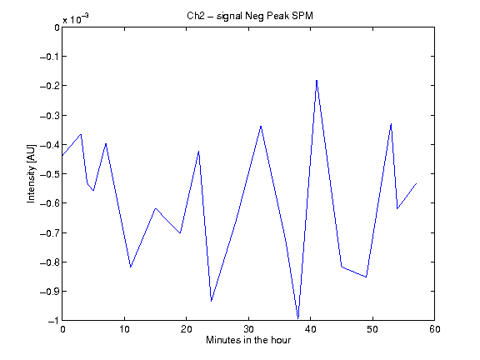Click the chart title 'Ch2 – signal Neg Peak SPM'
[x=250, y=16]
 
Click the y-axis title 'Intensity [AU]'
[x=31, y=173]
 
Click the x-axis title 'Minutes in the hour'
[x=248, y=340]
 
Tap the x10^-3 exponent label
[x=76, y=18]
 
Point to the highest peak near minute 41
[x=317, y=80]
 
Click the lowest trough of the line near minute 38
[x=298, y=318]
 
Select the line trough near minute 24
[x=211, y=301]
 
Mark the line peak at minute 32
[x=261, y=126]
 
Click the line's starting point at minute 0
[x=62, y=156]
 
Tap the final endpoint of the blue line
[x=417, y=183]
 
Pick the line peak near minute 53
[x=391, y=123]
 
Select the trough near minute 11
[x=131, y=267]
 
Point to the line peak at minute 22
[x=199, y=151]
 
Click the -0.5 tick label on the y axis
[x=50, y=174]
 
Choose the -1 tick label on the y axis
[x=53, y=321]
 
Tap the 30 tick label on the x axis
[x=248, y=329]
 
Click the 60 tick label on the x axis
[x=435, y=329]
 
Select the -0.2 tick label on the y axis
[x=50, y=85]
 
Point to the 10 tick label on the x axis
[x=124, y=329]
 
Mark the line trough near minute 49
[x=366, y=277]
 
